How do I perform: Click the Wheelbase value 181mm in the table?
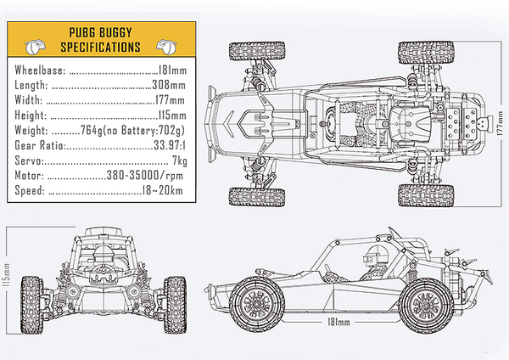coord(172,70)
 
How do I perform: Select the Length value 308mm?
coord(169,85)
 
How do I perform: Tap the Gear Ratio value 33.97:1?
coord(170,145)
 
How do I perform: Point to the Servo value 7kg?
coord(180,160)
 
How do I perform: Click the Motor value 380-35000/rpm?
coord(145,176)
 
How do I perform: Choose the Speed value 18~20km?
coord(162,190)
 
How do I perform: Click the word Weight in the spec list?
coord(31,130)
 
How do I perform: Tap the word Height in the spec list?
coord(31,115)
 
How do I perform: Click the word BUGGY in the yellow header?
coord(115,32)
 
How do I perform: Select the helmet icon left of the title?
coord(35,47)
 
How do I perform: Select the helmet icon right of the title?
coord(167,47)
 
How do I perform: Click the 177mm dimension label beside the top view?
coord(500,123)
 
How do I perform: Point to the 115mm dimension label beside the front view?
coord(6,275)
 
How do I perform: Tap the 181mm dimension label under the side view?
coord(338,322)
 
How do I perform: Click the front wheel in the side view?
coord(256,304)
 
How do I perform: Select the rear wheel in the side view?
coord(426,306)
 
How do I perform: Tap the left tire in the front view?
coord(32,305)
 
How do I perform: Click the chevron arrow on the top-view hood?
coord(228,123)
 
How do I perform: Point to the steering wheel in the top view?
coord(331,124)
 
